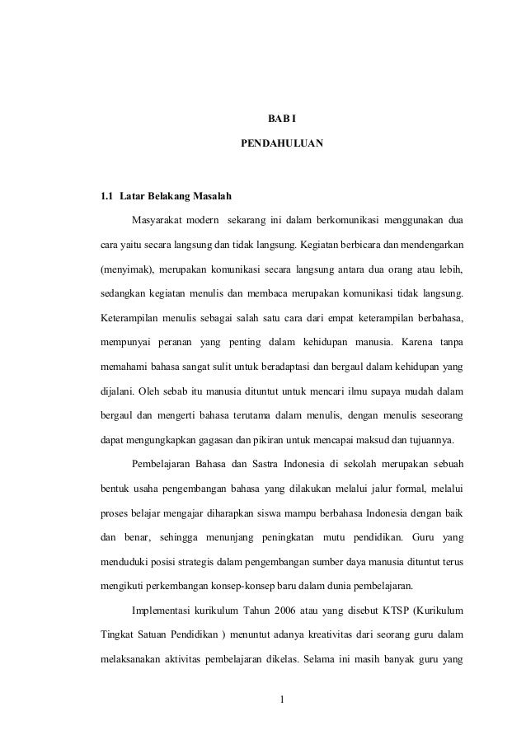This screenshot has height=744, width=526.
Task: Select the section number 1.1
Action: pos(106,197)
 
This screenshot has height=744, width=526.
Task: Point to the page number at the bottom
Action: pos(281,702)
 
